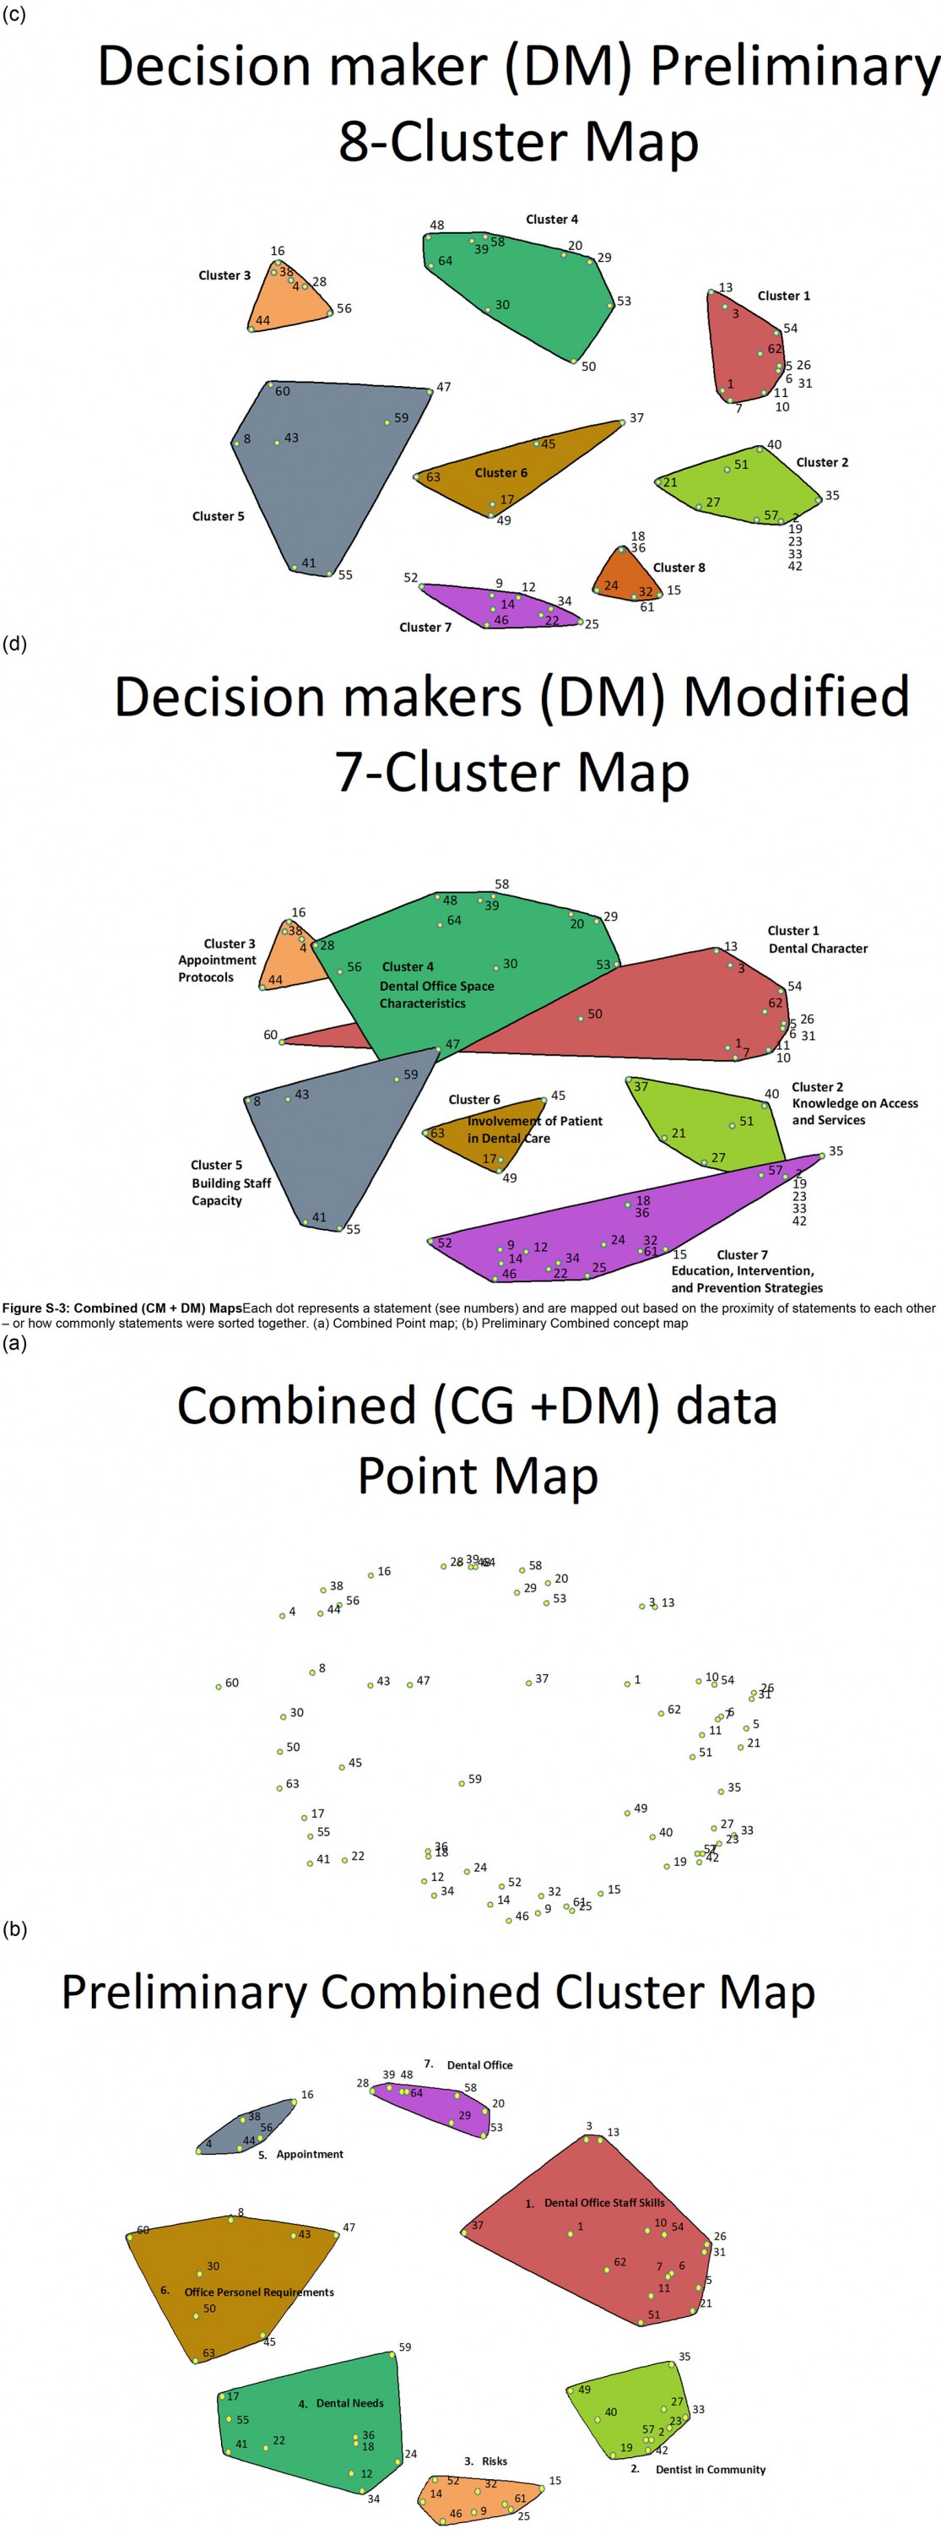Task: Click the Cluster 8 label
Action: pyautogui.click(x=679, y=568)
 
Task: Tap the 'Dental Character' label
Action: pyautogui.click(x=817, y=949)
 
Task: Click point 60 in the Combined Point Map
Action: pyautogui.click(x=219, y=1687)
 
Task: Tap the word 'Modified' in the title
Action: pyautogui.click(x=796, y=697)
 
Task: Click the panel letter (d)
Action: pyautogui.click(x=14, y=644)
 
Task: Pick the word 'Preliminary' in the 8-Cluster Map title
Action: pyautogui.click(x=794, y=67)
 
